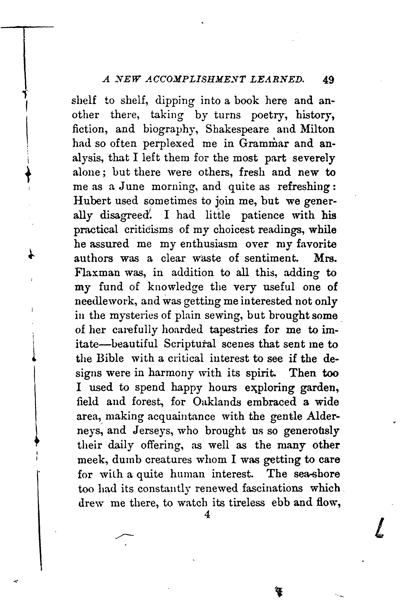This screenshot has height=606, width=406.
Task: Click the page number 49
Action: [x=328, y=80]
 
